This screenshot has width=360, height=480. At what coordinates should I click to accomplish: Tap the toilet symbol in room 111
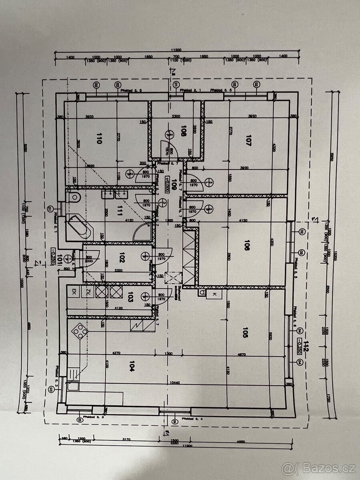74,197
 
